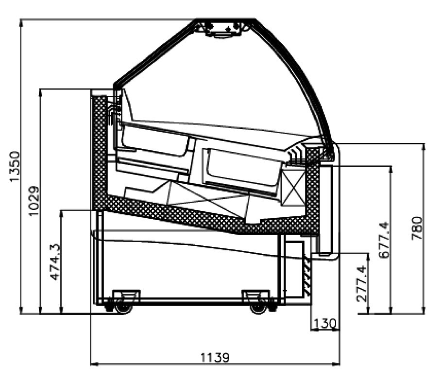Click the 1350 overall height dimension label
15,167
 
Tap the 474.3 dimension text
55,262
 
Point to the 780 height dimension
417,228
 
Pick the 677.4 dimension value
384,240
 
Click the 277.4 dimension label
362,284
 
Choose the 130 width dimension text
325,323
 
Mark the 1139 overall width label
215,358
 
